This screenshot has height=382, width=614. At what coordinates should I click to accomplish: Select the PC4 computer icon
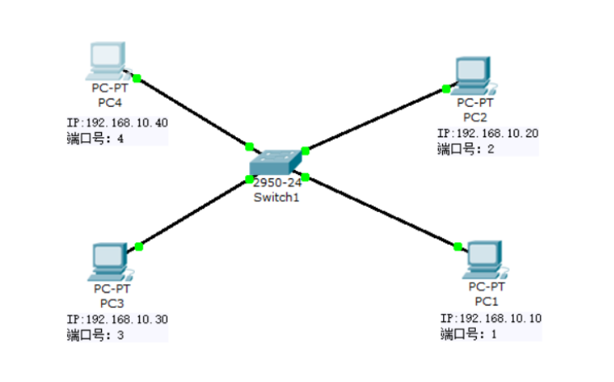pos(107,60)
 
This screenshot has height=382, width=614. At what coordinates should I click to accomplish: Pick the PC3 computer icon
pos(109,261)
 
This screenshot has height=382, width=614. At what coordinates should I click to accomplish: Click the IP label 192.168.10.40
pos(118,123)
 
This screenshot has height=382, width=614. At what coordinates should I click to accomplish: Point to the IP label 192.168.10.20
pos(487,133)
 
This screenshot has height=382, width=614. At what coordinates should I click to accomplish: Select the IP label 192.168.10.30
pos(118,320)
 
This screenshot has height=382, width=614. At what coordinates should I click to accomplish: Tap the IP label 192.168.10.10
pos(491,319)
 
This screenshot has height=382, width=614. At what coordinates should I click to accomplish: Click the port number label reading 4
pos(95,138)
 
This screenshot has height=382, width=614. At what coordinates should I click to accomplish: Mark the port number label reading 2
pos(464,149)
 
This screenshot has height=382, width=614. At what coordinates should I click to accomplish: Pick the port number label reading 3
pos(95,334)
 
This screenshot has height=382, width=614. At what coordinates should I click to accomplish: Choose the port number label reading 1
pos(469,334)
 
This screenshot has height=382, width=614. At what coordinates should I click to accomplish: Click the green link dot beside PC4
pos(137,78)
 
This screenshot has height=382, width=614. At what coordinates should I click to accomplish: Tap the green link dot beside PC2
pos(445,89)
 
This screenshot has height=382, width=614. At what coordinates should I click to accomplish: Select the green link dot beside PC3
pos(139,246)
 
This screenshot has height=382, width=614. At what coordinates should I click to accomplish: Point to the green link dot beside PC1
pos(457,246)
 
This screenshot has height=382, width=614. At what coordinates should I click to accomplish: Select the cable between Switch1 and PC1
pos(380,211)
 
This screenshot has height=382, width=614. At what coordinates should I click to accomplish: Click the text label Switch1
pos(277,197)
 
